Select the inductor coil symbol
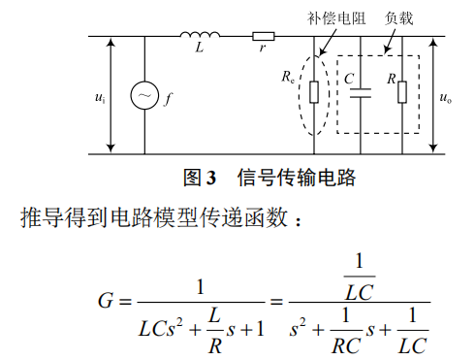(199, 38)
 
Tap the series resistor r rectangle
(263, 39)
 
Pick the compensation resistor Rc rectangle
(315, 93)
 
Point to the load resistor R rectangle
(402, 93)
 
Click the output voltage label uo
(445, 97)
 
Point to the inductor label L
(199, 55)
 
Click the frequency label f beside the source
(167, 97)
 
